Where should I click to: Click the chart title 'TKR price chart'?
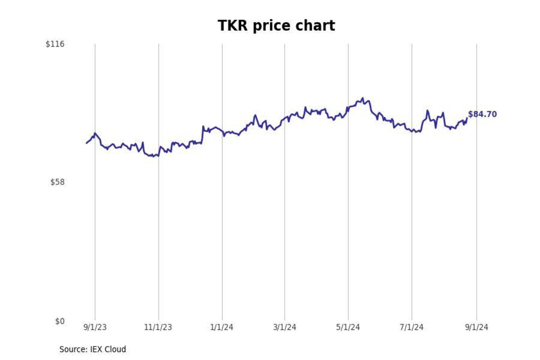point(276,25)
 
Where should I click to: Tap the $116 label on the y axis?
point(55,44)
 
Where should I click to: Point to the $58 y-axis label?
point(57,182)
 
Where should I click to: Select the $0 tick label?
point(60,321)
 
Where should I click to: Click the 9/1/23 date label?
point(95,327)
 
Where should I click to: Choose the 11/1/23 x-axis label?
point(158,327)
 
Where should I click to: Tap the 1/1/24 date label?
point(222,327)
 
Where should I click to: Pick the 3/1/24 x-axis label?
point(285,327)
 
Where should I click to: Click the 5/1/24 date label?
point(348,327)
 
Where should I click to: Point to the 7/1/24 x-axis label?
point(411,327)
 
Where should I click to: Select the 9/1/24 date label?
point(477,327)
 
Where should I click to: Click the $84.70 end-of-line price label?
point(482,114)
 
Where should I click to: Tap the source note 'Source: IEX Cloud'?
point(93,349)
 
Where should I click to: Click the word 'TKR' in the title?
point(233,25)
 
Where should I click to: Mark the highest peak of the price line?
point(362,98)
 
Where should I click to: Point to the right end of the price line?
point(467,118)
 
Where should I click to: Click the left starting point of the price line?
point(87,143)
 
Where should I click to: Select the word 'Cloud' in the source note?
point(115,349)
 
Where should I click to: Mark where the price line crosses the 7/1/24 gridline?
point(412,130)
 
